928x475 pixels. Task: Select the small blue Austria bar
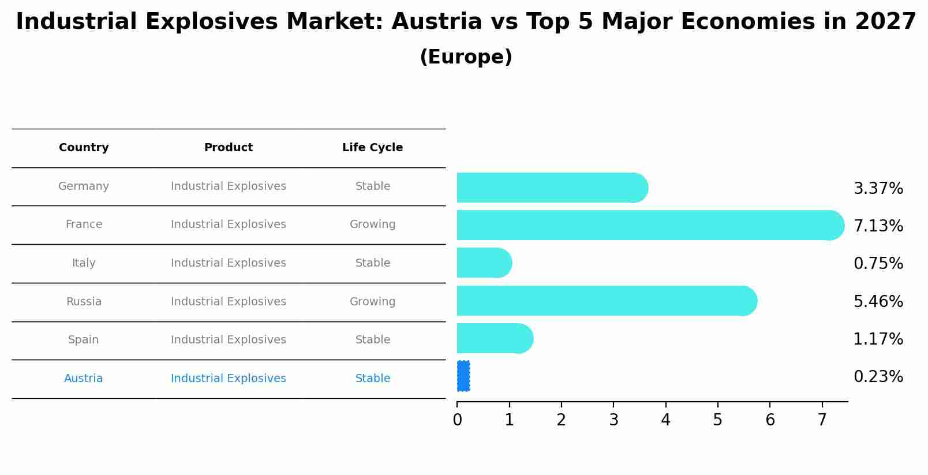tap(463, 376)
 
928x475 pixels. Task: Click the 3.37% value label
tap(878, 189)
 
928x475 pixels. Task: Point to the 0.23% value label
tap(878, 377)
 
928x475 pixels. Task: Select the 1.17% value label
tap(878, 339)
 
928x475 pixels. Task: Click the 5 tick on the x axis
tap(717, 420)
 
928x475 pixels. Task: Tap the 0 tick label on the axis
tap(457, 420)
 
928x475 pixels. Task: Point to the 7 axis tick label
tap(822, 420)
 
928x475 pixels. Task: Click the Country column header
tap(84, 148)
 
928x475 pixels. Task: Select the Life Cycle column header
tap(372, 148)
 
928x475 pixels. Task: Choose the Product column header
tap(229, 148)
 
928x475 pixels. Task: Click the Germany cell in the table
tap(84, 186)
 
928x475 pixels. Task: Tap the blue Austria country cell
tap(84, 379)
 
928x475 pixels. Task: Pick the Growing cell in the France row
tap(372, 225)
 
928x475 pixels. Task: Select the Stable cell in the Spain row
tap(372, 340)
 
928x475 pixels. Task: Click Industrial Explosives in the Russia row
tap(229, 302)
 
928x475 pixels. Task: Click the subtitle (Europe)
tap(466, 57)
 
